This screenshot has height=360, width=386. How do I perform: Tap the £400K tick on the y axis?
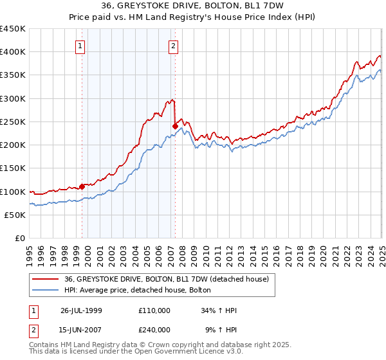[13, 52]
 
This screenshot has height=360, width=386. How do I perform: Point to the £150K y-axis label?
[13, 168]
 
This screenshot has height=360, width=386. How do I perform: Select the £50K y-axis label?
[15, 215]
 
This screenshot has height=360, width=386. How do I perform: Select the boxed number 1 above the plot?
[80, 46]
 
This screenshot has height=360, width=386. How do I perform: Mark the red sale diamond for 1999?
[82, 187]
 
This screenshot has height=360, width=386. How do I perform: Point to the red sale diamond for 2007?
[175, 126]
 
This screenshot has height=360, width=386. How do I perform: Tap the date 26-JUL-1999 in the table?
[81, 310]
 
